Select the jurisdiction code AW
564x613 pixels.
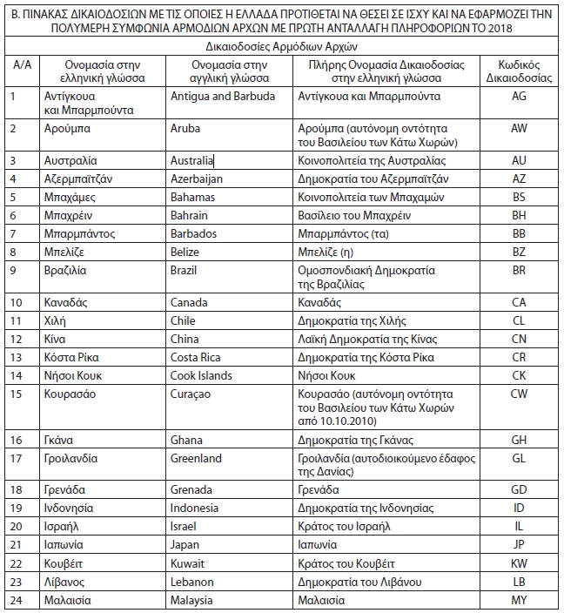tap(519, 127)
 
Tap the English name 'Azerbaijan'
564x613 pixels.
tap(197, 179)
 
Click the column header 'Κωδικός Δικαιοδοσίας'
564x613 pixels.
tap(519, 71)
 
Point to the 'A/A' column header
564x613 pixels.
tap(19, 64)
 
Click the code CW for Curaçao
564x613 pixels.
tap(519, 394)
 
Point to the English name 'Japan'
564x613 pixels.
tap(186, 545)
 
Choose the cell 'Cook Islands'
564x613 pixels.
tap(201, 375)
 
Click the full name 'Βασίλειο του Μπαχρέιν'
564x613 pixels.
tap(354, 215)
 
